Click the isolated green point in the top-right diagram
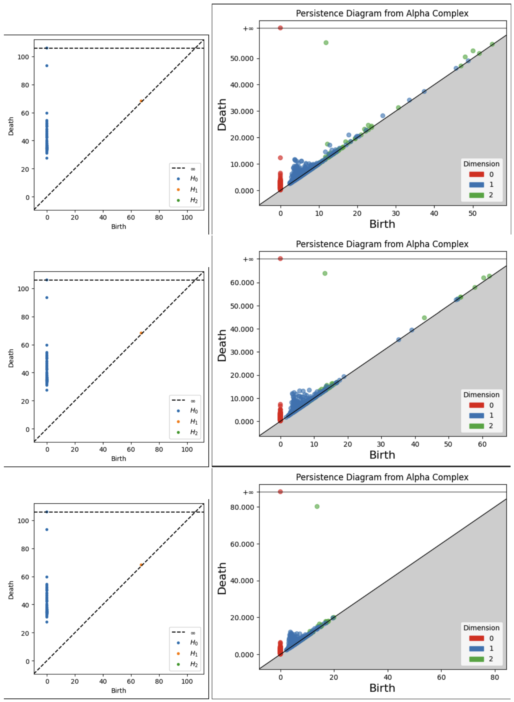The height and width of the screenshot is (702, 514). tap(326, 43)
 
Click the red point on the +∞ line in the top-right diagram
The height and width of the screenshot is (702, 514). tap(280, 28)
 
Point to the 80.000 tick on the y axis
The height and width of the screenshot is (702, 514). tap(242, 507)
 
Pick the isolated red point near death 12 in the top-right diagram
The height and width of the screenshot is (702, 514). tap(280, 158)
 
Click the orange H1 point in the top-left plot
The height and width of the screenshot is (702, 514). tap(141, 101)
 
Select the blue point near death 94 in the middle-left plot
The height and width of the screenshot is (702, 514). tap(47, 297)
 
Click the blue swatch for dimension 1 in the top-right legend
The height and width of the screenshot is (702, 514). tap(476, 185)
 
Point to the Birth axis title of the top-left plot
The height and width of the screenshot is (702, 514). tap(119, 226)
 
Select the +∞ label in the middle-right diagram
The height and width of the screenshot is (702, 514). tap(248, 259)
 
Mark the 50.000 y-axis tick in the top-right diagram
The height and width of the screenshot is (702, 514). tap(242, 58)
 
